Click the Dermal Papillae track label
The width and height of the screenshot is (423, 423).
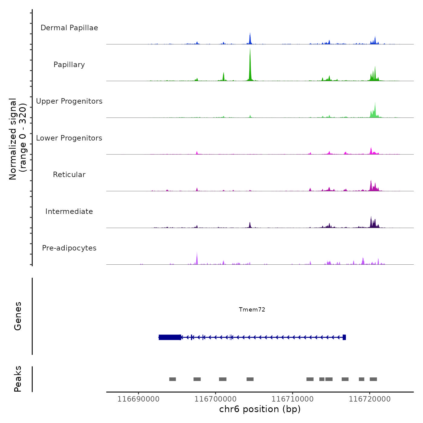(69, 28)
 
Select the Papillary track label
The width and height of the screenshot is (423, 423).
(69, 65)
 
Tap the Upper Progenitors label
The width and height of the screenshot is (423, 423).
(69, 101)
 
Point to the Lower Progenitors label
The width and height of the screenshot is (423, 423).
(69, 138)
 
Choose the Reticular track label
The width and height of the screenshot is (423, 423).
(69, 175)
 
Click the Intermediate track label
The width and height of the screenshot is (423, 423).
(69, 211)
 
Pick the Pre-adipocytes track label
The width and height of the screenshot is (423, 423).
(69, 248)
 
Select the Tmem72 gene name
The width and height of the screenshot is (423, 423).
(252, 309)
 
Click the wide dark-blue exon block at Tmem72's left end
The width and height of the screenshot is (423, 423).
(170, 337)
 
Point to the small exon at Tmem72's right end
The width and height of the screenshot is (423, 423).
(344, 337)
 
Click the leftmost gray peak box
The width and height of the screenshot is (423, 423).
(173, 379)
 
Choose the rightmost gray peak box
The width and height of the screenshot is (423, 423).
(373, 379)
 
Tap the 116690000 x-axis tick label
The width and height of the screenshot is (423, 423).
(138, 399)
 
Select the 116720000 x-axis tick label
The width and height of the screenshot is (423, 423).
(370, 399)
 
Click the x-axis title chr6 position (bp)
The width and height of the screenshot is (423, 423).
(260, 409)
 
